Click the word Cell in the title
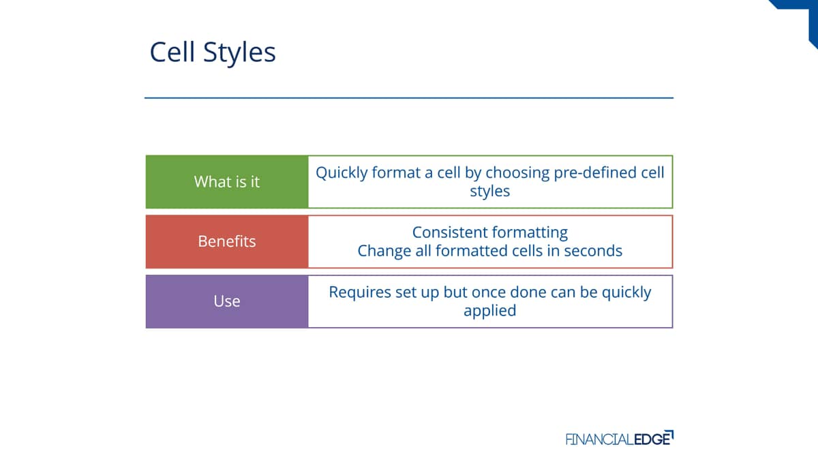172,52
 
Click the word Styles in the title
239,54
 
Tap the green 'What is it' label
227,182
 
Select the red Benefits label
227,242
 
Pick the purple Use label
227,301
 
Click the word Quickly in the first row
342,173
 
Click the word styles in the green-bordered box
489,191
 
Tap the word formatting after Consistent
530,233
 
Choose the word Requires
360,293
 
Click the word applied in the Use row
489,311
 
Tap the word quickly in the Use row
626,293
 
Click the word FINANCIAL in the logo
600,439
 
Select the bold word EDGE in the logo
653,438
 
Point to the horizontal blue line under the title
409,98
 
